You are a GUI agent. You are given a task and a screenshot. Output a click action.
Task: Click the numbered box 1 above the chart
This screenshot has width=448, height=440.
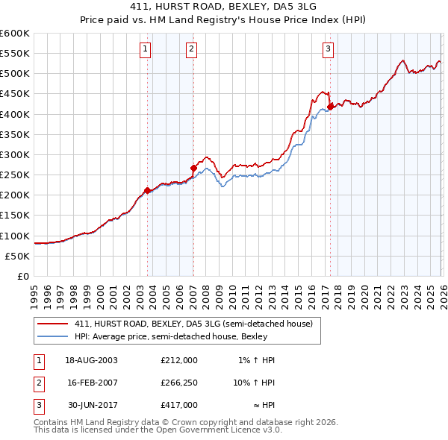click(145, 49)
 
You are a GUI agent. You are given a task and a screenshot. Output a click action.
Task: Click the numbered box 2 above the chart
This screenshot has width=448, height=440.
click(192, 49)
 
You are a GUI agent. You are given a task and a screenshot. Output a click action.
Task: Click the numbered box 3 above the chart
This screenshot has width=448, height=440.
click(328, 49)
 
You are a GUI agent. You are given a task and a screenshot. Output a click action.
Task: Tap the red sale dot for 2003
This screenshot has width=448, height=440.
click(147, 190)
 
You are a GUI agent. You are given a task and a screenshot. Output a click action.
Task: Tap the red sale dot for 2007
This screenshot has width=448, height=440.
click(193, 168)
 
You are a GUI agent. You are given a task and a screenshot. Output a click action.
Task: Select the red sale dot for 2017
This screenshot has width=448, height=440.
click(330, 107)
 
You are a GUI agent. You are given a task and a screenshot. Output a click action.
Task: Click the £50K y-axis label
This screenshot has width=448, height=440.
click(17, 256)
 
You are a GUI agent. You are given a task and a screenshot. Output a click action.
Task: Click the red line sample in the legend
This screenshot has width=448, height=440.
click(52, 324)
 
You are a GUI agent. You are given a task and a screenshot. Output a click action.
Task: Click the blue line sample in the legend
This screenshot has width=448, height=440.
click(52, 336)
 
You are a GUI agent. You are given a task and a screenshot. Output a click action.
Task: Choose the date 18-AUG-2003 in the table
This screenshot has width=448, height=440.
click(91, 359)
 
